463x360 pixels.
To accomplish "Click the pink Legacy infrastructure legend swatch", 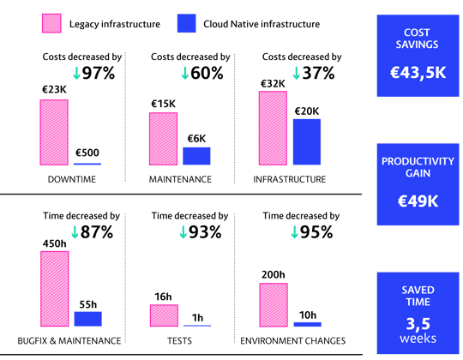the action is point(51,23).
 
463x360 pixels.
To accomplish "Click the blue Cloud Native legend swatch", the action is point(186,23).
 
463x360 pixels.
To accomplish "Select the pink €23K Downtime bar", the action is point(54,132).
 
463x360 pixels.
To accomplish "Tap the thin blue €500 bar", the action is point(87,164).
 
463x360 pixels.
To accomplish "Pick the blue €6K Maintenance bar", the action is point(196,156).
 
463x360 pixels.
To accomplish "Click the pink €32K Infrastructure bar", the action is point(273,128).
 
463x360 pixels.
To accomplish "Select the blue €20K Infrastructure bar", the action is point(307,141).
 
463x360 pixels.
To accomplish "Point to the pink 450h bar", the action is point(55,289).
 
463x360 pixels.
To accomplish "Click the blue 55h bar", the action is point(88,319).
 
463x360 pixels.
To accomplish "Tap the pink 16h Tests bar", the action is point(164,315).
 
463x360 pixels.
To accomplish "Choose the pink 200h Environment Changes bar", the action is point(274,305).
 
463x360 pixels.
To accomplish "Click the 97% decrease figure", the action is point(99,73).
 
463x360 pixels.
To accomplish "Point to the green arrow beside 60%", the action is point(185,73).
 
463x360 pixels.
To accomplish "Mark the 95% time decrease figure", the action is point(316,232).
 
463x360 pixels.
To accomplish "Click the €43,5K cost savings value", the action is point(418,72).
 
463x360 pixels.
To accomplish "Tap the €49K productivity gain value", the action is point(418,201).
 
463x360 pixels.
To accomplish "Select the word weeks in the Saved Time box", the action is point(418,339).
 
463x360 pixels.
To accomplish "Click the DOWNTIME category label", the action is point(72,179).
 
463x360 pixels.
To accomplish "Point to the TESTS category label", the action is point(179,341).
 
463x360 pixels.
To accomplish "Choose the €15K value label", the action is point(163,104).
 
